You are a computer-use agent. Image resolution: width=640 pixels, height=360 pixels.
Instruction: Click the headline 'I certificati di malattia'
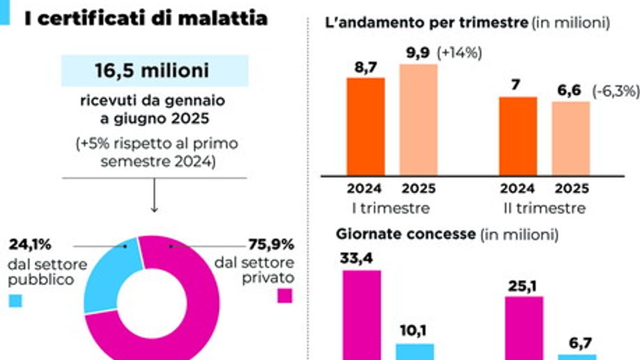[x=146, y=18]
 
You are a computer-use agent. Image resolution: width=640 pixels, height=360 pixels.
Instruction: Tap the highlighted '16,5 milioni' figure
[x=152, y=70]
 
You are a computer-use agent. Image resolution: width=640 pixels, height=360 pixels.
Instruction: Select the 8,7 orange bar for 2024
[x=366, y=126]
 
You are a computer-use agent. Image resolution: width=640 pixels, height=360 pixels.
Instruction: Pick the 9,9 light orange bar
[x=419, y=120]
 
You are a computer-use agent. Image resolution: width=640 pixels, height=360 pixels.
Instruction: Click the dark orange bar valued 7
[x=518, y=137]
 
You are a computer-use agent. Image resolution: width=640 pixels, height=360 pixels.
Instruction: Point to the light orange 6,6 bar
[x=571, y=139]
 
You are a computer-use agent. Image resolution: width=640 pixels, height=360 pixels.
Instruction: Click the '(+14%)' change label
[x=459, y=53]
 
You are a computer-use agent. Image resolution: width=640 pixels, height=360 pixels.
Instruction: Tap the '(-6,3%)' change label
[x=616, y=91]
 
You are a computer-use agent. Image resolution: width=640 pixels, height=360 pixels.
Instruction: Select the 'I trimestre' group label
[x=391, y=209]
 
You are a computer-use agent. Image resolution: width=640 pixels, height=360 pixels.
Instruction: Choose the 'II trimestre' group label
[x=545, y=209]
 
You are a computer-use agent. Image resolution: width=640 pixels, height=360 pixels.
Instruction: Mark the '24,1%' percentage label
[x=30, y=244]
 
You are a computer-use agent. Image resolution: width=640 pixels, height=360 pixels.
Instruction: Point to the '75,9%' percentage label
[x=271, y=244]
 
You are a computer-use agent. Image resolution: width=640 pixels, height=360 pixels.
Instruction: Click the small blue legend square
[x=15, y=301]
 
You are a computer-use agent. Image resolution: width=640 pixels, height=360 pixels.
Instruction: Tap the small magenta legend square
[x=285, y=295]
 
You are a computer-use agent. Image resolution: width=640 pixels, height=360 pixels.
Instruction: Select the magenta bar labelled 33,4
[x=362, y=315]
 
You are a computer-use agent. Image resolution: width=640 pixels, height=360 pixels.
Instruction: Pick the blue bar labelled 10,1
[x=415, y=351]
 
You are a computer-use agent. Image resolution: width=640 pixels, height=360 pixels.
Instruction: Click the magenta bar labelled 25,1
[x=524, y=329]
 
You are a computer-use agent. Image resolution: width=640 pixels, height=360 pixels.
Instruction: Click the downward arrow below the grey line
[x=154, y=195]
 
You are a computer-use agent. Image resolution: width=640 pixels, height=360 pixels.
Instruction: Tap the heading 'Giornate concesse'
[x=406, y=234]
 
